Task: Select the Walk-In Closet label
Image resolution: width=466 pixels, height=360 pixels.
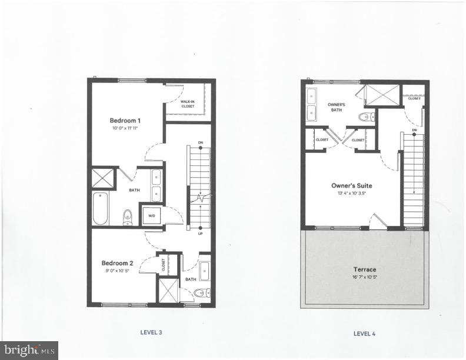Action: [188, 104]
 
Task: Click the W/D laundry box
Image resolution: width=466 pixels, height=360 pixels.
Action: [151, 215]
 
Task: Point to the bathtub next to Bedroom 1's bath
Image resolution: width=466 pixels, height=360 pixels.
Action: [101, 208]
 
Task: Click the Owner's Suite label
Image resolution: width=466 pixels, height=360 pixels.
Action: [351, 185]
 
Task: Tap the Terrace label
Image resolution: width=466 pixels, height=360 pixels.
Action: [365, 269]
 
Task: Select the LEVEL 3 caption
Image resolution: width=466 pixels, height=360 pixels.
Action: [151, 332]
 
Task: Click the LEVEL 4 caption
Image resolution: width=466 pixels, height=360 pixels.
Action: [365, 333]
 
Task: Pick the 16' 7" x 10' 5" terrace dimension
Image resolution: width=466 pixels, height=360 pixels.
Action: [365, 276]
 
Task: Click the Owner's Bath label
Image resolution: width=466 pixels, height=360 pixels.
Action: [336, 107]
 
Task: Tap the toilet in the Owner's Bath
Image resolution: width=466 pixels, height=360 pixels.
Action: [367, 116]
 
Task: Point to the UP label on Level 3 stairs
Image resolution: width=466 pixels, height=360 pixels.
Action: [201, 234]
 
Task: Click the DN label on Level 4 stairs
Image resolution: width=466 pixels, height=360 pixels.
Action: [414, 130]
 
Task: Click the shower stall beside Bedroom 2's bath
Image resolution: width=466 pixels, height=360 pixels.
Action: [167, 291]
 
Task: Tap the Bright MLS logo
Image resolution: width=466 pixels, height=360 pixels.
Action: [29, 350]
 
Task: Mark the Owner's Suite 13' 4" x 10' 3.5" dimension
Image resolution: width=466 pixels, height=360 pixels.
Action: [351, 193]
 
